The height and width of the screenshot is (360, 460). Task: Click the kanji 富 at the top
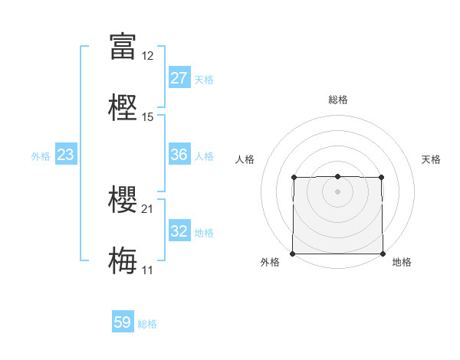point(123,45)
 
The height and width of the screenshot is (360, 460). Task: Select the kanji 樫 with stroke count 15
point(123,107)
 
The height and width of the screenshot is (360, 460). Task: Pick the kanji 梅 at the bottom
point(123,260)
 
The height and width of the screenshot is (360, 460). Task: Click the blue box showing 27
point(179,78)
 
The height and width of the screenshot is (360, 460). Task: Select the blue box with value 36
point(179,155)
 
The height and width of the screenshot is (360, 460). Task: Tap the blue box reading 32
point(179,231)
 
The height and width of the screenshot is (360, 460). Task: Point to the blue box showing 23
point(66,155)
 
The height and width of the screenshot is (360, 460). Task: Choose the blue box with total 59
point(123,322)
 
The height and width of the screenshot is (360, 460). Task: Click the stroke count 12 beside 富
point(147,55)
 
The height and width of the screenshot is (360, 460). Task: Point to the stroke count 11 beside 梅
point(147,270)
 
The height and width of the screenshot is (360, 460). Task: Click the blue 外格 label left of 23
point(41,155)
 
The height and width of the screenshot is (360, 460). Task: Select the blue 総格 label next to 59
point(147,323)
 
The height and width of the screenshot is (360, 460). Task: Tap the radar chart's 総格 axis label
point(337,100)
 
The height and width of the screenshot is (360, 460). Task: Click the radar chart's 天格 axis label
point(431,159)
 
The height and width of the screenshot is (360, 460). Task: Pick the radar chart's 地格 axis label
point(402,262)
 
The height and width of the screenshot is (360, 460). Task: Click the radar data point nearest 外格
point(294,254)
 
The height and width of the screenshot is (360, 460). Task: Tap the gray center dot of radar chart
point(337,191)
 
